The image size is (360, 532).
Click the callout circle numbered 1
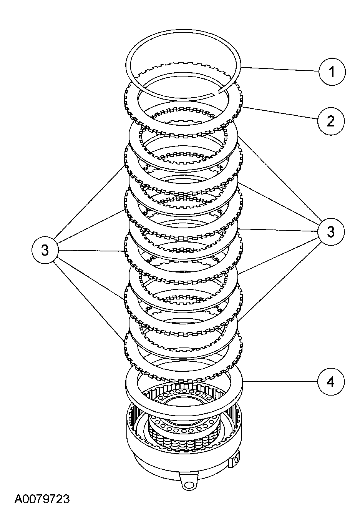pos(332,72)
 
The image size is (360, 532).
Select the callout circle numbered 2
pos(331,121)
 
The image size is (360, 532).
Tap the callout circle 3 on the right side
pos(331,232)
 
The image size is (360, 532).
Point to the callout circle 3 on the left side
pos(45,251)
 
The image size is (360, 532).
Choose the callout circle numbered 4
pos(331,382)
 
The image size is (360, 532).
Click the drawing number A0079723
pos(42,499)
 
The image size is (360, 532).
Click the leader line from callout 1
pos(280,70)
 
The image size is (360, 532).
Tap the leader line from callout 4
pos(280,382)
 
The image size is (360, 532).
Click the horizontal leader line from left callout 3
pos(92,251)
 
